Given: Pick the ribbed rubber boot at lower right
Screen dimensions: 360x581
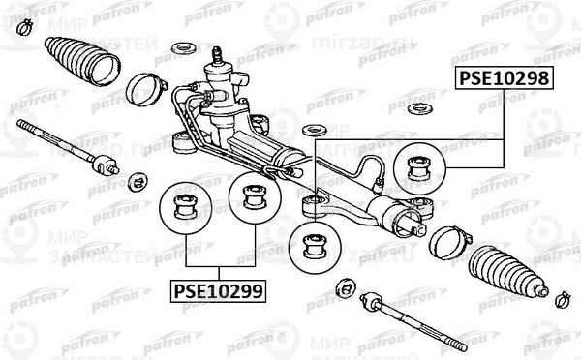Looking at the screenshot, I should [504, 274].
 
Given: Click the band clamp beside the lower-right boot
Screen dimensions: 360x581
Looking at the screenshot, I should [447, 240].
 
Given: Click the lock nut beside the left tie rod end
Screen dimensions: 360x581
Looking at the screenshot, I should [137, 180].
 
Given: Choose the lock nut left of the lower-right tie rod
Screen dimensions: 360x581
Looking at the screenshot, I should [341, 288].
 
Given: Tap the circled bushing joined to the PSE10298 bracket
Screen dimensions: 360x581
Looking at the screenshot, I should [420, 163].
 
